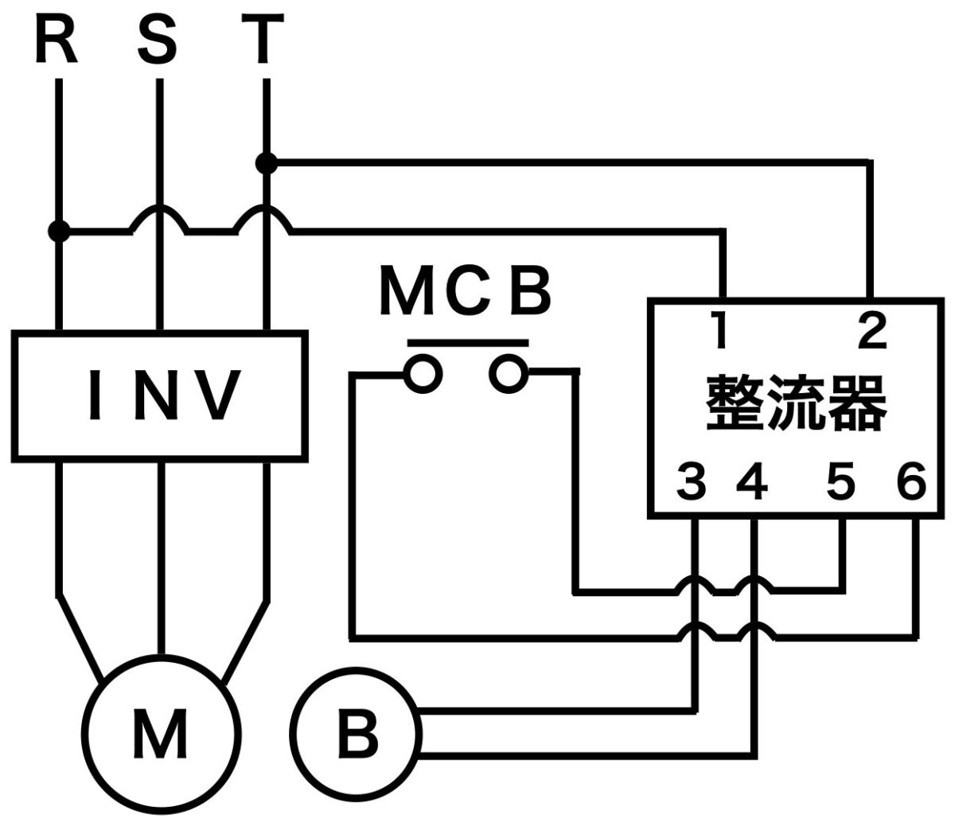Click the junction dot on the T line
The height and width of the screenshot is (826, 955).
(267, 164)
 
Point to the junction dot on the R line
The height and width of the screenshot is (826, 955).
(58, 232)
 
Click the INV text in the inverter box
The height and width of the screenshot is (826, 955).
(163, 395)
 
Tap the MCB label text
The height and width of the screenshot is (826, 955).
(465, 292)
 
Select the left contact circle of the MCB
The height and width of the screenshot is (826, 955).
(422, 372)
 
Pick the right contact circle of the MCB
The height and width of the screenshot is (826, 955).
(508, 372)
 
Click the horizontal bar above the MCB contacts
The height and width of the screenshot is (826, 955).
(468, 343)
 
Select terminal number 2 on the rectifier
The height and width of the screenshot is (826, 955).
(872, 332)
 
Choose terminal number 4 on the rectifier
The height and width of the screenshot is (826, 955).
(753, 482)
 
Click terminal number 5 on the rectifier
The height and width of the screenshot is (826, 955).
(840, 482)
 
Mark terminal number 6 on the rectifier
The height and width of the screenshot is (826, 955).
(910, 482)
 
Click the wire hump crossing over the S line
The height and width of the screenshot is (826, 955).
(160, 216)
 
